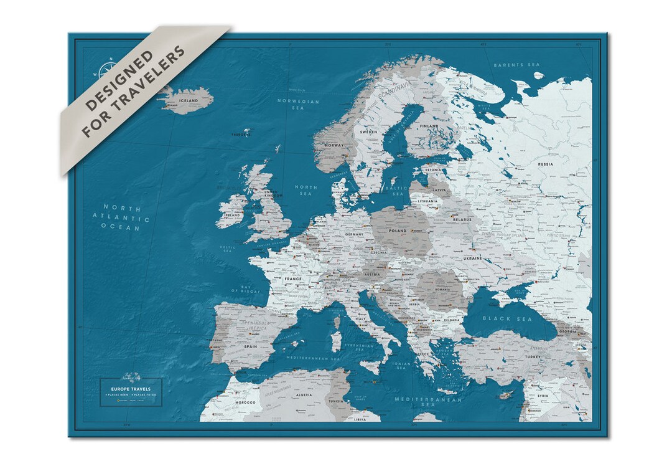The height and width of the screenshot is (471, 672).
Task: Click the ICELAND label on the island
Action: pos(188,100)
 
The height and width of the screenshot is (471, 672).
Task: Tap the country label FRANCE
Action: pos(293,280)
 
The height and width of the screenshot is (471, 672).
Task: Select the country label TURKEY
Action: pos(533,358)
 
